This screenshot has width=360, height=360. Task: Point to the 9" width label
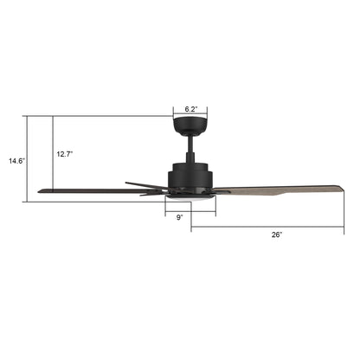(179, 218)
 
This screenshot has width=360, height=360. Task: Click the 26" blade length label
(274, 235)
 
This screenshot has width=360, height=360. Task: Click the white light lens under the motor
(190, 198)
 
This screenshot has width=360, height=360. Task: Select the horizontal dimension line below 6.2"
(191, 115)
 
